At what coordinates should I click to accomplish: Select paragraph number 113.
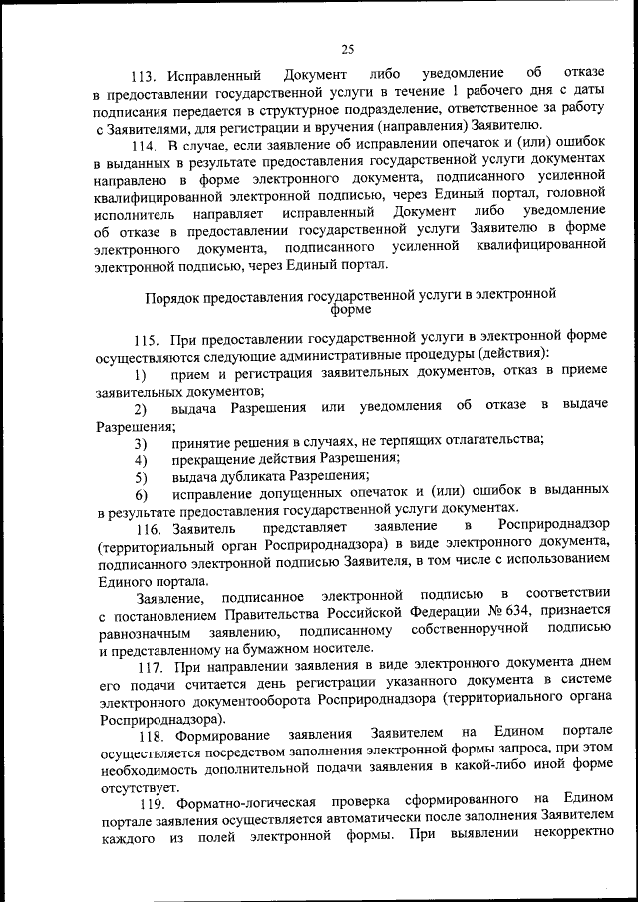(147, 75)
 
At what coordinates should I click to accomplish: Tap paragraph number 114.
(147, 147)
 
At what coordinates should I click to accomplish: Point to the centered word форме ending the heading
(348, 310)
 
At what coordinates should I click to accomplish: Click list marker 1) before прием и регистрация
(141, 374)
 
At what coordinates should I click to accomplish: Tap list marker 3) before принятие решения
(141, 442)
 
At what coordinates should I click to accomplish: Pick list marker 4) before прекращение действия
(141, 458)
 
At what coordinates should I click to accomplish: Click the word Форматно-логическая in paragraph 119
(246, 802)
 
